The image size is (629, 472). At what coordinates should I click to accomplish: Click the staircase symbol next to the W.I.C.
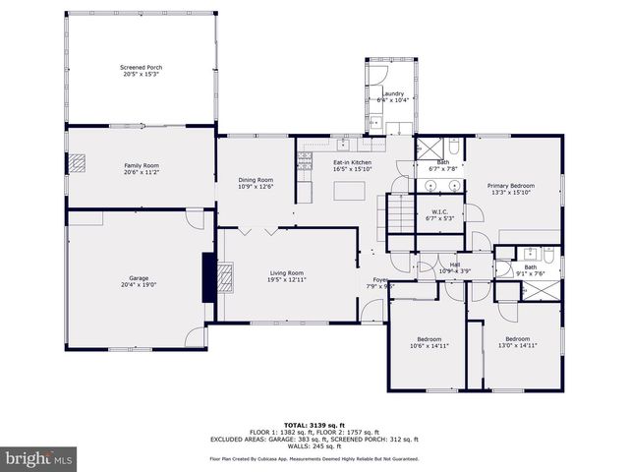point(399,212)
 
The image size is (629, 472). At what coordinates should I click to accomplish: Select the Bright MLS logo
point(39,458)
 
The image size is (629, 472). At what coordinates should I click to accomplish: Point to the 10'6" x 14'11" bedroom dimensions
point(429,345)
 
